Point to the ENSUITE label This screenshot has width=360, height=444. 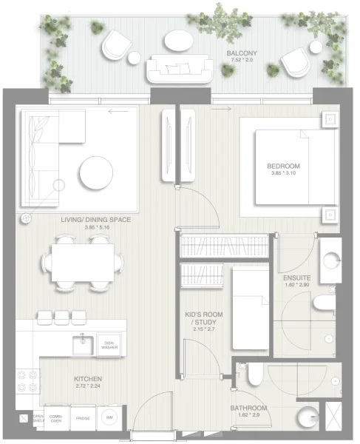pos(296,278)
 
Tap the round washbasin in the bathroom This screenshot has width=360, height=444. pos(308,414)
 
